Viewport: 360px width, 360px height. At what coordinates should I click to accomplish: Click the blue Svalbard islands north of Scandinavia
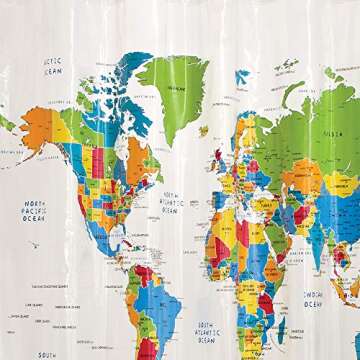click(242, 75)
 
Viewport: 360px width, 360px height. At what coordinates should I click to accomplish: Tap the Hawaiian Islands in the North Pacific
click(32, 243)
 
